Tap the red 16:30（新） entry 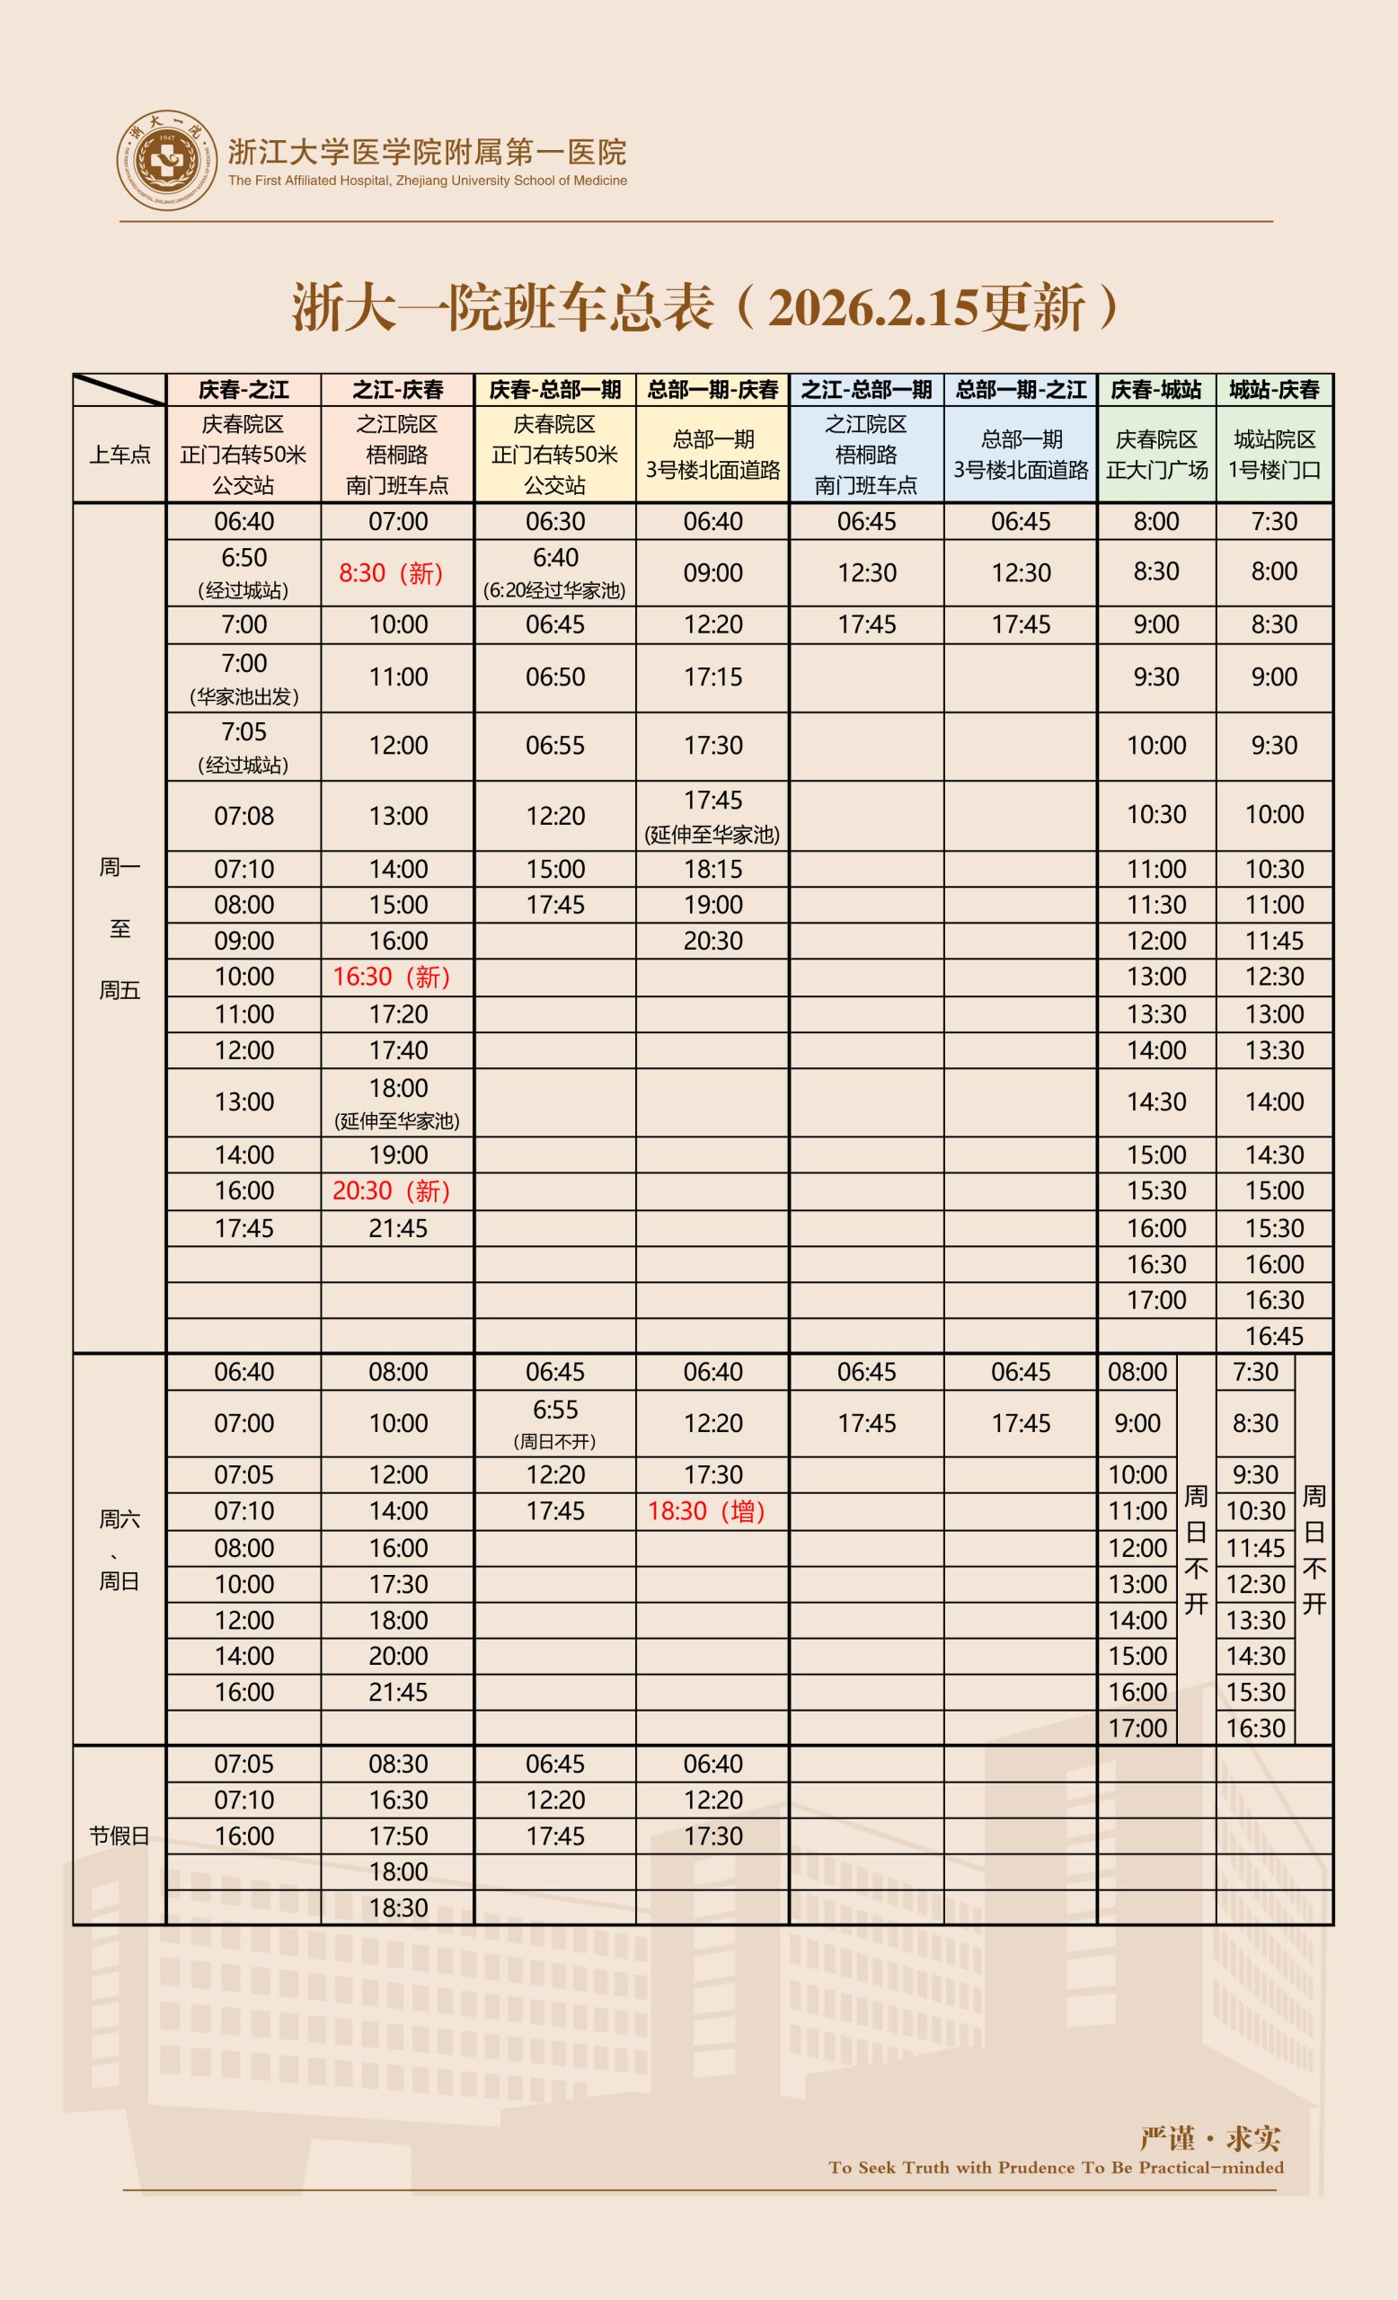(392, 977)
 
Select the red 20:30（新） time (392, 1191)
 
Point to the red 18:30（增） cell (707, 1511)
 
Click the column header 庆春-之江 (243, 390)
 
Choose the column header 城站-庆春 (1274, 390)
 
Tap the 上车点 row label (119, 455)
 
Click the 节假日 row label (119, 1836)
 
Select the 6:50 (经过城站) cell (243, 573)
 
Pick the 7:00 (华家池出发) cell (243, 678)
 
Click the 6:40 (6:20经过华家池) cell (555, 573)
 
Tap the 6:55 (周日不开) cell (555, 1423)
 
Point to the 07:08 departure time (243, 817)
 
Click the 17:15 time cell (713, 677)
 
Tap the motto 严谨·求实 (1209, 2138)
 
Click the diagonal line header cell (119, 390)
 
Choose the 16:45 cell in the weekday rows (1274, 1336)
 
